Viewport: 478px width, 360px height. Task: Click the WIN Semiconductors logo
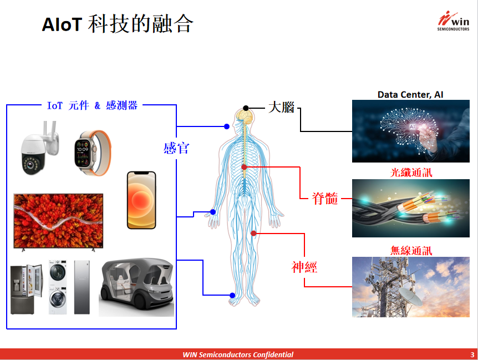(453, 21)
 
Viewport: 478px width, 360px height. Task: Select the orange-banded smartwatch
(93, 153)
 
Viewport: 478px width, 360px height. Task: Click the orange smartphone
(141, 200)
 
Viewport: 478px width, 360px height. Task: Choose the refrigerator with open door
(27, 288)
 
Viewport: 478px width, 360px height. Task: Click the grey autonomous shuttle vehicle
(136, 287)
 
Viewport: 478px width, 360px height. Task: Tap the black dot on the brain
(246, 108)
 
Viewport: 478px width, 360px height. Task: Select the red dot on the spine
(244, 167)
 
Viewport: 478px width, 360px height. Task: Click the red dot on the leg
(253, 234)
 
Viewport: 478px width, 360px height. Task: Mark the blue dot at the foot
(232, 295)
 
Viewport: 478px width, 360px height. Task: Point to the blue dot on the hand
(213, 212)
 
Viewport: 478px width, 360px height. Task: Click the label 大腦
(281, 108)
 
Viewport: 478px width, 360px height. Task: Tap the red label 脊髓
(325, 199)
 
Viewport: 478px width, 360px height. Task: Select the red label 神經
(304, 267)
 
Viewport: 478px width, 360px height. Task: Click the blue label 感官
(176, 149)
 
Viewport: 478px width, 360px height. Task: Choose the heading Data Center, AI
(410, 94)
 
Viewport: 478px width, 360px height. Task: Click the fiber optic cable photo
(411, 208)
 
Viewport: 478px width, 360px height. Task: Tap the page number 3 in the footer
(472, 354)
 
